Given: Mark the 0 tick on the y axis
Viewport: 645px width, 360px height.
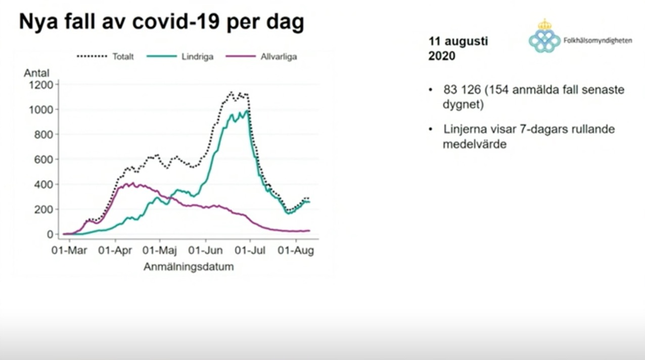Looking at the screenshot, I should point(50,235).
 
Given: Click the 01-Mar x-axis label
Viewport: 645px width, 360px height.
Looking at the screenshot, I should point(69,251).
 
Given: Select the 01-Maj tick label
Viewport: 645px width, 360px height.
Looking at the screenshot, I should point(160,251).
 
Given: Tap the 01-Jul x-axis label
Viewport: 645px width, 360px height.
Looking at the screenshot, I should point(251,251).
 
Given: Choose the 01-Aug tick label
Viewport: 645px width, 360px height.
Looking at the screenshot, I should point(297,251).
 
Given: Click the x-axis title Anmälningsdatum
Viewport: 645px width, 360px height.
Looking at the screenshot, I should point(189,266).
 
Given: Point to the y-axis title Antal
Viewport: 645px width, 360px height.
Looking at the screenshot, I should point(36,73).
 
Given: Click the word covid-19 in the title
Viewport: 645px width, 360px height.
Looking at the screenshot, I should point(180,23).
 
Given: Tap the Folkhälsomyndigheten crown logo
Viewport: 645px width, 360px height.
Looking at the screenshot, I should point(544,36).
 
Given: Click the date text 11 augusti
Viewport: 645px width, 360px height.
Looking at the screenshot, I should point(458,41).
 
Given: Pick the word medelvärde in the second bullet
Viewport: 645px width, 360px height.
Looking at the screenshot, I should point(474,144).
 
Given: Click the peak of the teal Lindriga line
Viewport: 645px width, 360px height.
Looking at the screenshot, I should point(247,111).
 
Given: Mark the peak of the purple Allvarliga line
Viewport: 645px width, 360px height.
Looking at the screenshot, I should point(133,183).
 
